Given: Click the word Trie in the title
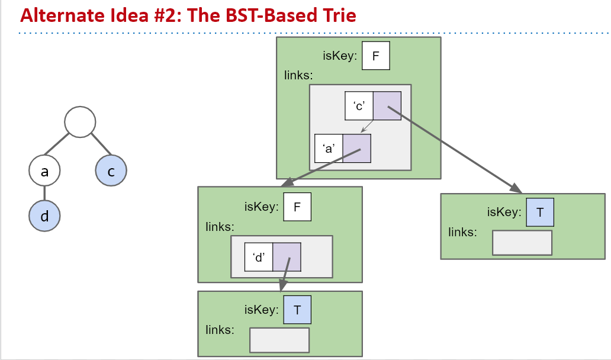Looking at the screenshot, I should pyautogui.click(x=336, y=15).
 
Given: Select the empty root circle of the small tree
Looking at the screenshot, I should pyautogui.click(x=80, y=122).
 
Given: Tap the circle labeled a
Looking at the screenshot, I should pyautogui.click(x=44, y=172).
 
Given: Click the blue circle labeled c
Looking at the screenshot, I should pyautogui.click(x=111, y=172).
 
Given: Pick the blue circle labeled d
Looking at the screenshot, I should pyautogui.click(x=44, y=216).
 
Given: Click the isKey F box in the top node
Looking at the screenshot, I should pyautogui.click(x=375, y=56).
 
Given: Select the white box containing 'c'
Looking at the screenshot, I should pyautogui.click(x=359, y=106).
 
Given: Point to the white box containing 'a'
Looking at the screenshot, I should pyautogui.click(x=329, y=149).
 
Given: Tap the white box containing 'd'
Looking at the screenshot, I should pyautogui.click(x=259, y=256).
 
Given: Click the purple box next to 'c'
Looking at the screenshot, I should pyautogui.click(x=387, y=106).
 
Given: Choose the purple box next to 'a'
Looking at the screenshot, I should pyautogui.click(x=356, y=149).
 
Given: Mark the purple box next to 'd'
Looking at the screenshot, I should pyautogui.click(x=287, y=256).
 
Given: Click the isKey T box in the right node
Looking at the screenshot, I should pyautogui.click(x=540, y=213).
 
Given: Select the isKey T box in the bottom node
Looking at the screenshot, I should pyautogui.click(x=297, y=310).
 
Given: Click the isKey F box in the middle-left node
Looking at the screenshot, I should pyautogui.click(x=297, y=207).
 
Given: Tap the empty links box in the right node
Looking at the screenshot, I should pyautogui.click(x=522, y=243).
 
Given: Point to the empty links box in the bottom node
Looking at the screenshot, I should pyautogui.click(x=279, y=340).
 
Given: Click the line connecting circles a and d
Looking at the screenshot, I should pyautogui.click(x=44, y=193).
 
